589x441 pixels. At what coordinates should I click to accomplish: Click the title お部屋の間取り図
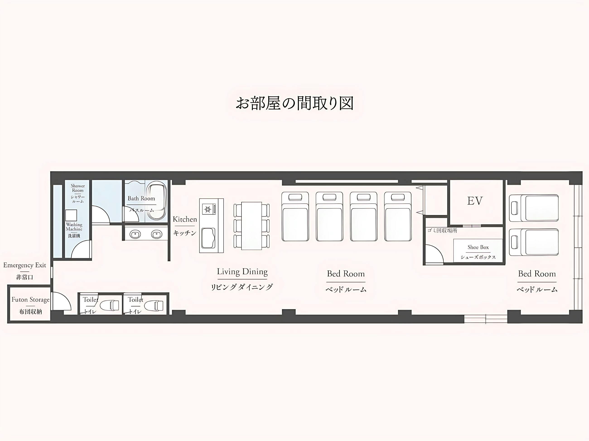click(294, 103)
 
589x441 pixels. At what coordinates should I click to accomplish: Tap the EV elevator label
click(475, 201)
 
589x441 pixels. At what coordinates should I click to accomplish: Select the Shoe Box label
click(478, 247)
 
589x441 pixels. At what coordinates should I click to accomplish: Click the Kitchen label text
click(185, 219)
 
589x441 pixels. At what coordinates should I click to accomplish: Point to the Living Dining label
click(242, 272)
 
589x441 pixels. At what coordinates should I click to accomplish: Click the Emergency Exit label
click(24, 265)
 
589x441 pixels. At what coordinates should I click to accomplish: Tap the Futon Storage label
click(30, 300)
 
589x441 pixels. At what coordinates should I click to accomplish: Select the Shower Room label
click(78, 188)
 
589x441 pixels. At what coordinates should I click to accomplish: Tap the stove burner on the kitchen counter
click(208, 209)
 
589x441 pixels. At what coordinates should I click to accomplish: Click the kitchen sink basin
click(208, 238)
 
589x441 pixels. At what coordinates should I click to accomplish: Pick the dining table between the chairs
click(251, 226)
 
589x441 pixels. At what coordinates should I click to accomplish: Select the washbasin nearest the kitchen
click(157, 234)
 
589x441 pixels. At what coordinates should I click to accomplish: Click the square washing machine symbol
click(71, 215)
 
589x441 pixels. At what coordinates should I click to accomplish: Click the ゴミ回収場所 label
click(442, 230)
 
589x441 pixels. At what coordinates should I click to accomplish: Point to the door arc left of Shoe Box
click(434, 255)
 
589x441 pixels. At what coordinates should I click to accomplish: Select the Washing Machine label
click(74, 227)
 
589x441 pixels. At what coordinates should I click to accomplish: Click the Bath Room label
click(141, 199)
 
